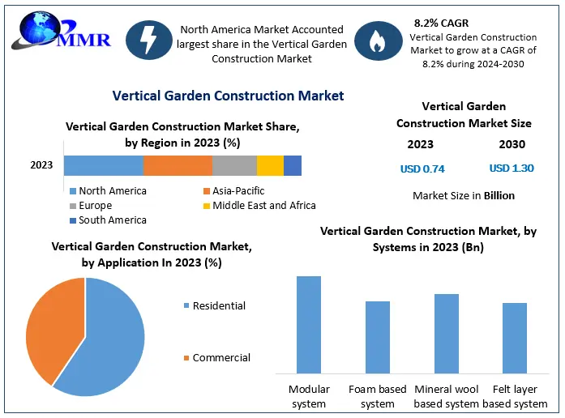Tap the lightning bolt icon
[148, 41]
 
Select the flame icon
[376, 42]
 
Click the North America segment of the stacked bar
[104, 165]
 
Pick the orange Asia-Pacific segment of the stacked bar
[178, 165]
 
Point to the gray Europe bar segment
[234, 165]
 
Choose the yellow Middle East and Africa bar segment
[270, 165]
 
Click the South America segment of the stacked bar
[293, 165]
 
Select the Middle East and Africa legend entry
[259, 205]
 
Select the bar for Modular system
[309, 324]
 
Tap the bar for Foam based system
[378, 336]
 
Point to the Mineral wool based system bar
[447, 333]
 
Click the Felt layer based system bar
[515, 337]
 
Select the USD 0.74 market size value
[422, 169]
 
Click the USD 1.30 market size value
[511, 168]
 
